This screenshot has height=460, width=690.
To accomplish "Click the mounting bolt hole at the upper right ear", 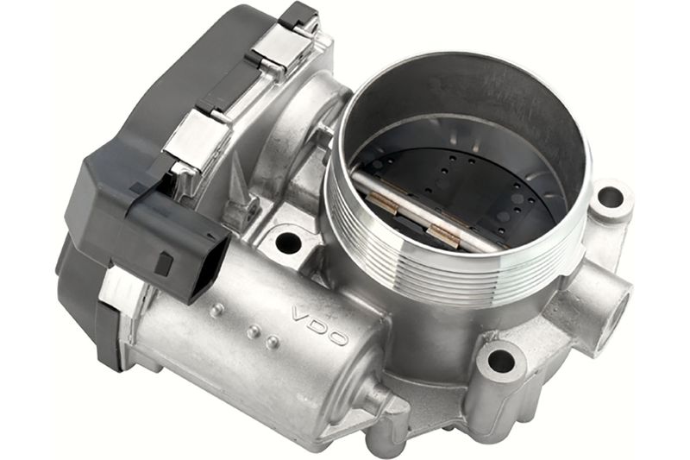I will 610,198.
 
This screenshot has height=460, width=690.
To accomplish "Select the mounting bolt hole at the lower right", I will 501,361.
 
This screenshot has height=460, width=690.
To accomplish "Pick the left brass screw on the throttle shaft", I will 382,205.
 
